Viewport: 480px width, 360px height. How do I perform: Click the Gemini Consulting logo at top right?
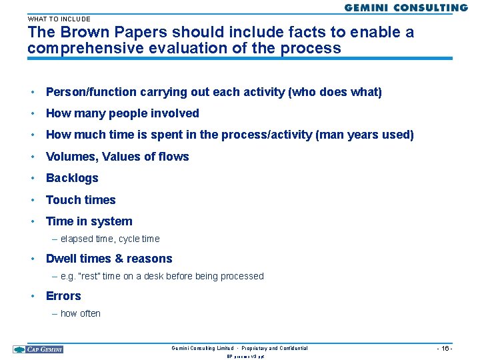tap(405, 8)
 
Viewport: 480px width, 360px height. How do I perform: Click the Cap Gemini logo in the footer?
tap(38, 349)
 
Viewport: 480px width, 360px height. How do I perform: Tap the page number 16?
tap(445, 349)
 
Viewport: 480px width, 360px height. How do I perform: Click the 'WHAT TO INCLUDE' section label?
tap(59, 19)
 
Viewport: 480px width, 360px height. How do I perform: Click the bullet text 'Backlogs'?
tap(72, 178)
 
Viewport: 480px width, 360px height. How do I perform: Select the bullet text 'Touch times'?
tap(81, 200)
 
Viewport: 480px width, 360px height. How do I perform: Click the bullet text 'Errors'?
tap(63, 296)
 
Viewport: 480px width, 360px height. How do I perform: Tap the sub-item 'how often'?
tap(80, 313)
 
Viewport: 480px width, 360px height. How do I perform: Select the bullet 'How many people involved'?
tap(122, 113)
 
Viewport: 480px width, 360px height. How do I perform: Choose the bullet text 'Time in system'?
tap(89, 221)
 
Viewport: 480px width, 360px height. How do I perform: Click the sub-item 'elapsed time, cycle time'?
tap(110, 239)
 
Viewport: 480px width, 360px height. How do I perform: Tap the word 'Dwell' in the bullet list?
tap(61, 259)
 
